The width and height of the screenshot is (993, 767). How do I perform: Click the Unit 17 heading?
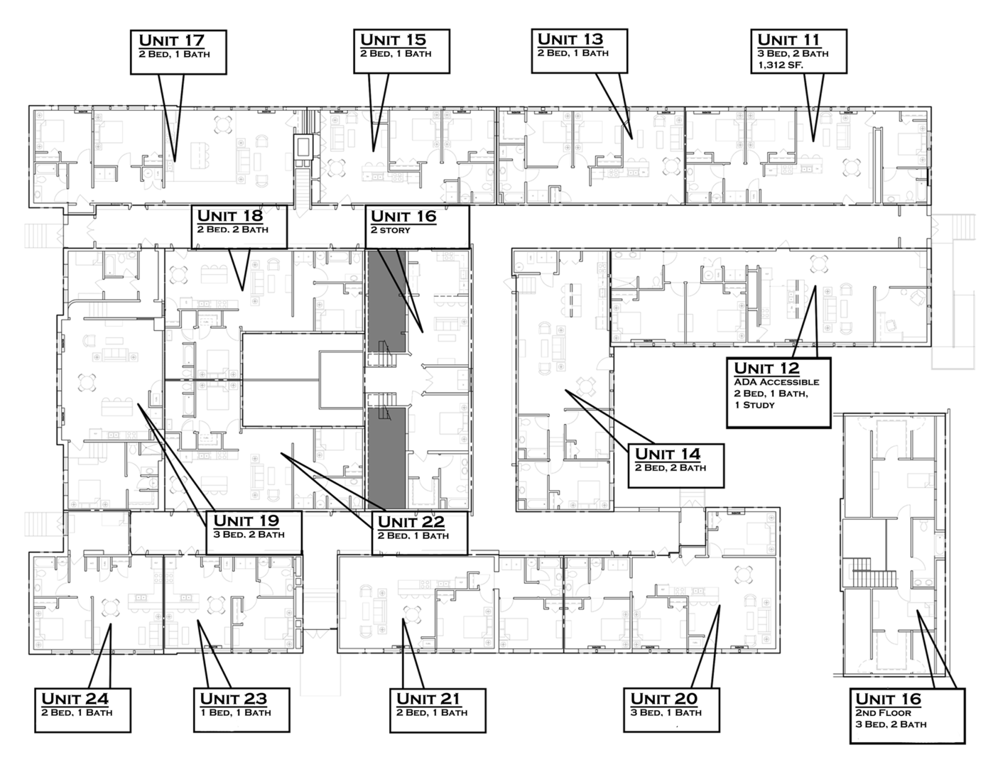click(171, 40)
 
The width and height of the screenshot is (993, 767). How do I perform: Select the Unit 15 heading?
click(393, 40)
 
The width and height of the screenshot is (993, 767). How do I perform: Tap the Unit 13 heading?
click(570, 39)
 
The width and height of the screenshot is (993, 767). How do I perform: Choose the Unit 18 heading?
click(229, 216)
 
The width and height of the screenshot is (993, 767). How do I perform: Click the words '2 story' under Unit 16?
click(390, 230)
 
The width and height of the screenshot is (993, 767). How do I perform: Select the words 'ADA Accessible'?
click(776, 382)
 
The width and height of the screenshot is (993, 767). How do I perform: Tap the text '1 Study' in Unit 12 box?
click(754, 405)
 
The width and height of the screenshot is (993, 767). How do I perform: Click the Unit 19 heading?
click(246, 521)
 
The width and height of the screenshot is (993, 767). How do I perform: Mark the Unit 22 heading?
click(411, 523)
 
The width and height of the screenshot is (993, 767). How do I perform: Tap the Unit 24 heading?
click(75, 699)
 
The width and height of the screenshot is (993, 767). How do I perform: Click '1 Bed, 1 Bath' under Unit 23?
click(235, 712)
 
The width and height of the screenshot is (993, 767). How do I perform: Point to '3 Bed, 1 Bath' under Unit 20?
click(666, 712)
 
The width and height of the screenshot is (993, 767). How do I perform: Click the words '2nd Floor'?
click(883, 712)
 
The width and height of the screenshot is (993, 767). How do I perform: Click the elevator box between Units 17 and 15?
click(304, 146)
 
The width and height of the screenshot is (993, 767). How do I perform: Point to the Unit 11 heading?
click(788, 40)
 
